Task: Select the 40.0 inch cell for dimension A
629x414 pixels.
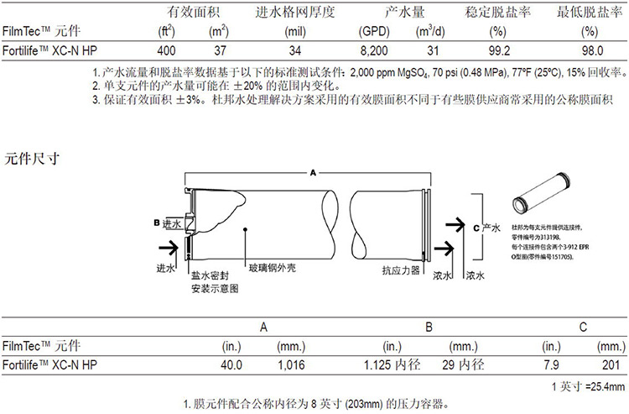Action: pyautogui.click(x=231, y=364)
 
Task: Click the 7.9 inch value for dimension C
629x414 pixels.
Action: pyautogui.click(x=552, y=364)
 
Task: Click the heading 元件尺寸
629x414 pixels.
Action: pyautogui.click(x=33, y=157)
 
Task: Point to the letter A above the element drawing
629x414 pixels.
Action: pyautogui.click(x=312, y=171)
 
